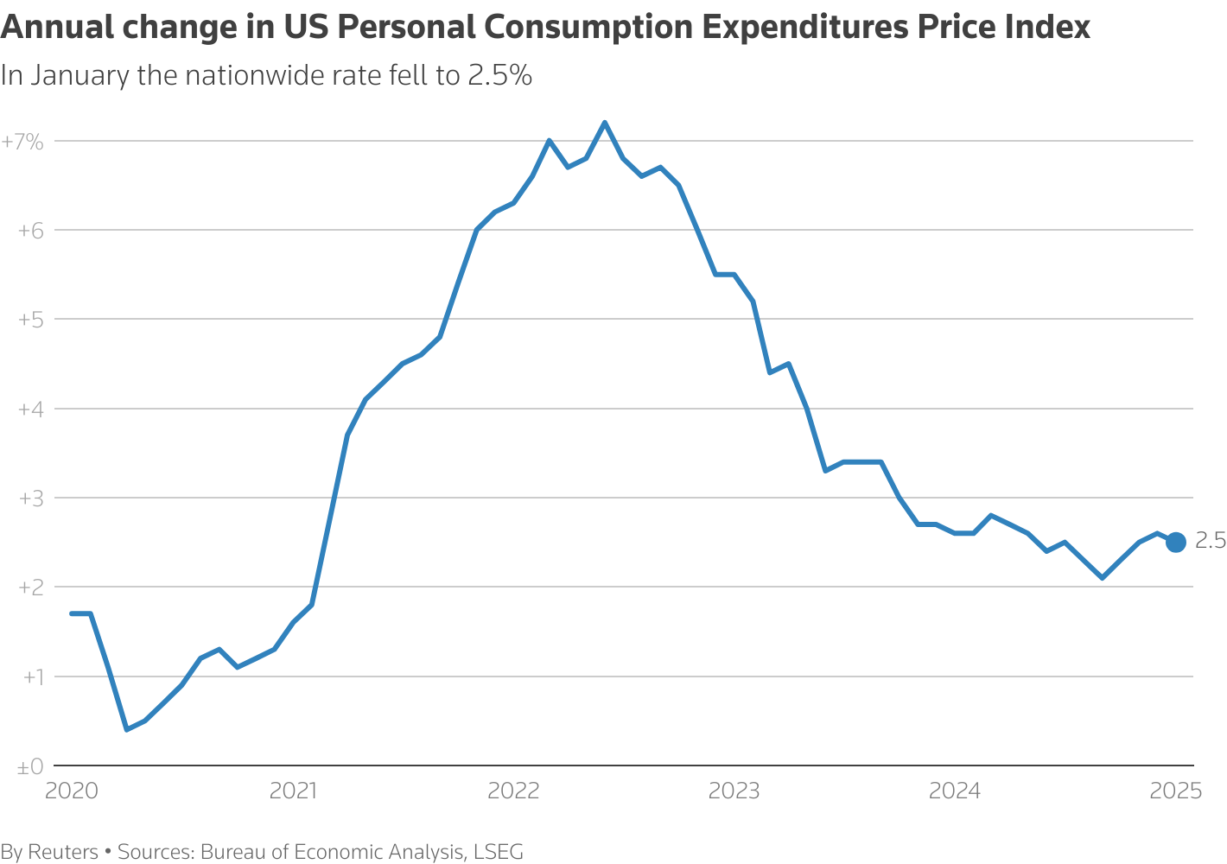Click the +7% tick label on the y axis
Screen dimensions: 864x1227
pyautogui.click(x=22, y=142)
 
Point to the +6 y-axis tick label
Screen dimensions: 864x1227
pyautogui.click(x=30, y=231)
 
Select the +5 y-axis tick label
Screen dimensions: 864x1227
pyautogui.click(x=30, y=320)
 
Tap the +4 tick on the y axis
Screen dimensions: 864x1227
pyautogui.click(x=30, y=409)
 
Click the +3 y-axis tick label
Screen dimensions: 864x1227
pyautogui.click(x=30, y=499)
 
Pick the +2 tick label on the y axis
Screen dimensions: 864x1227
pyautogui.click(x=30, y=588)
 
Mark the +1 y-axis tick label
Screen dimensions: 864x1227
pyautogui.click(x=30, y=677)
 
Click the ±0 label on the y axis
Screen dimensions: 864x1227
pyautogui.click(x=30, y=766)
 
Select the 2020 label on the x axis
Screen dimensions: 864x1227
pyautogui.click(x=72, y=791)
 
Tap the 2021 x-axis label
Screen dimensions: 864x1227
pyautogui.click(x=293, y=791)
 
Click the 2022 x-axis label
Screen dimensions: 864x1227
pyautogui.click(x=513, y=791)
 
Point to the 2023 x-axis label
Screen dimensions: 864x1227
pyautogui.click(x=734, y=791)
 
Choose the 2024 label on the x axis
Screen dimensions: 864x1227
pyautogui.click(x=955, y=791)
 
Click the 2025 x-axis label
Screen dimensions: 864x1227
pyautogui.click(x=1175, y=791)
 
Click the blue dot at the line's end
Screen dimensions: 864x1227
pyautogui.click(x=1176, y=542)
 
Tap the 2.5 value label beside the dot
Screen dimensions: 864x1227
pyautogui.click(x=1210, y=542)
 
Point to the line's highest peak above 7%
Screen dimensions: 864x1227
pyautogui.click(x=605, y=123)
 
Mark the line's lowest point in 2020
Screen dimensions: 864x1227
pyautogui.click(x=127, y=729)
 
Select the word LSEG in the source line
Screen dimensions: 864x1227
pyautogui.click(x=498, y=852)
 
